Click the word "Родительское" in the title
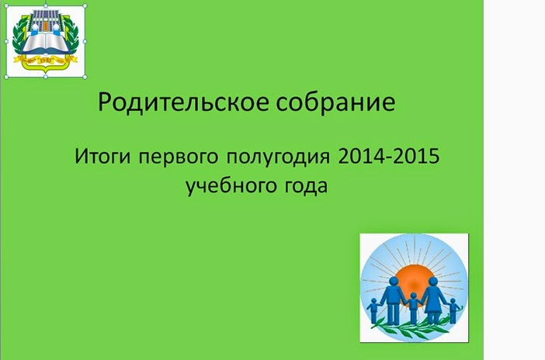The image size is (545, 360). (183, 102)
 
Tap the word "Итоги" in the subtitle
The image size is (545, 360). (102, 157)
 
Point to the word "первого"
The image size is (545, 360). (179, 157)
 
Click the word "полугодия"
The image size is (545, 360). (278, 157)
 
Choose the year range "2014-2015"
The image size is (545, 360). (389, 157)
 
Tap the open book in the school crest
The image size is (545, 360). (46, 43)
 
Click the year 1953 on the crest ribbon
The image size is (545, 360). (46, 61)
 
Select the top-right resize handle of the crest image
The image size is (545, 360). (85, 6)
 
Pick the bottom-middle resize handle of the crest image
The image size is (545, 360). (46, 77)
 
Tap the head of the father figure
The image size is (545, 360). (394, 282)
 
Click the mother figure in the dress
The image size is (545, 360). (433, 300)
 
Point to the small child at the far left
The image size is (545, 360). (373, 310)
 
